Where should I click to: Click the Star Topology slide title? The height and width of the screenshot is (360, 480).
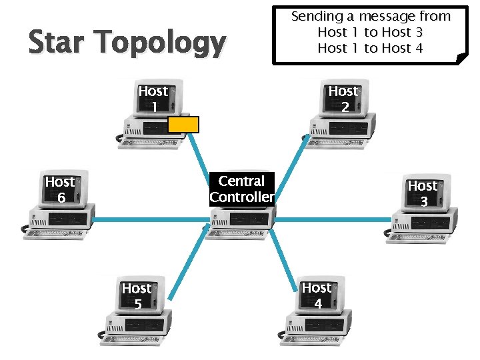tap(127, 43)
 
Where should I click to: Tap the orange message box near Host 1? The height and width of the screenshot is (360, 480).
tap(183, 125)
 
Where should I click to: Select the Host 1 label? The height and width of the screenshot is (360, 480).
tap(153, 99)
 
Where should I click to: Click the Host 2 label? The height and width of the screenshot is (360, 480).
tap(343, 99)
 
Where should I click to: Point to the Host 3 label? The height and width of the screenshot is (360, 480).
tap(423, 193)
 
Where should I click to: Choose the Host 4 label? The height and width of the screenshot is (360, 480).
tap(317, 295)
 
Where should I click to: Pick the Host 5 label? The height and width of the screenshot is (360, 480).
tap(137, 296)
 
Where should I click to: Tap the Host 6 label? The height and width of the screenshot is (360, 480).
tap(60, 189)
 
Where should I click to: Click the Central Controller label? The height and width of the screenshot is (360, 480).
tap(241, 189)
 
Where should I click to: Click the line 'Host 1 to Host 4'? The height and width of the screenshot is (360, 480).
tap(371, 48)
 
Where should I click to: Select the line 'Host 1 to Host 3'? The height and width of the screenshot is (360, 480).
tap(371, 32)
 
